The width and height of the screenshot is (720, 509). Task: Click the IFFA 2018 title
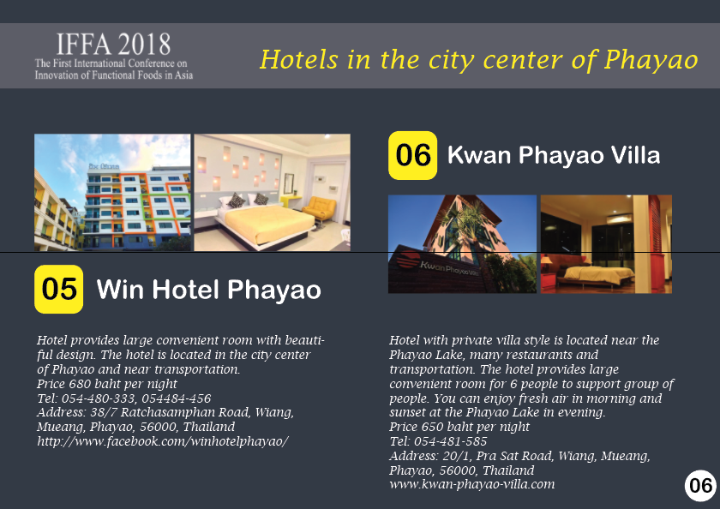click(x=113, y=45)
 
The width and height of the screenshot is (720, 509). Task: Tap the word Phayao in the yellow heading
click(x=651, y=60)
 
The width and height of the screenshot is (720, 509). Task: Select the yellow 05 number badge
click(x=59, y=289)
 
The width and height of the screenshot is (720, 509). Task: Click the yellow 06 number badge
click(x=413, y=155)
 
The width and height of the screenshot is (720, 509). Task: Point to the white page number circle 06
click(x=701, y=486)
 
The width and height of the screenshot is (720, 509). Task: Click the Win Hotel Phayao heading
click(x=208, y=290)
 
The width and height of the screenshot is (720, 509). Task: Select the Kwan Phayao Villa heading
click(x=554, y=155)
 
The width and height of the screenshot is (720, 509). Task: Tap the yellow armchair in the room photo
click(x=319, y=209)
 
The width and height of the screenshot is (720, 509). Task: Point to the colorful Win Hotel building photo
click(x=112, y=192)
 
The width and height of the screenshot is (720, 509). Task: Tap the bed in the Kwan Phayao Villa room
click(x=597, y=274)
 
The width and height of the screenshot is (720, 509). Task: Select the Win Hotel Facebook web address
click(x=163, y=441)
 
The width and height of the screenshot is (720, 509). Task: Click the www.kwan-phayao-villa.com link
click(x=472, y=484)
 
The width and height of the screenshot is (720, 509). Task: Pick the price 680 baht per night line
click(x=107, y=384)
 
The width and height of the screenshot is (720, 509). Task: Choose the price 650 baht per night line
click(x=459, y=427)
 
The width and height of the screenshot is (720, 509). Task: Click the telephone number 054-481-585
click(x=451, y=441)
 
